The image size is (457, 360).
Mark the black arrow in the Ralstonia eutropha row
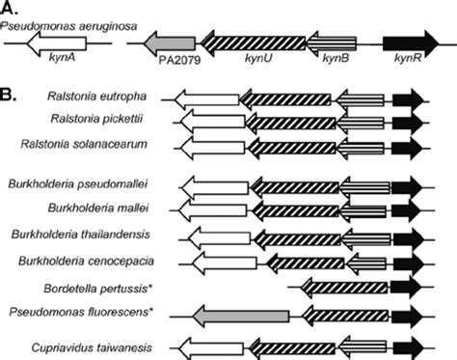tap(409, 98)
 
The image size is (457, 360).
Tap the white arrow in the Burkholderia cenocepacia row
tap(226, 262)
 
